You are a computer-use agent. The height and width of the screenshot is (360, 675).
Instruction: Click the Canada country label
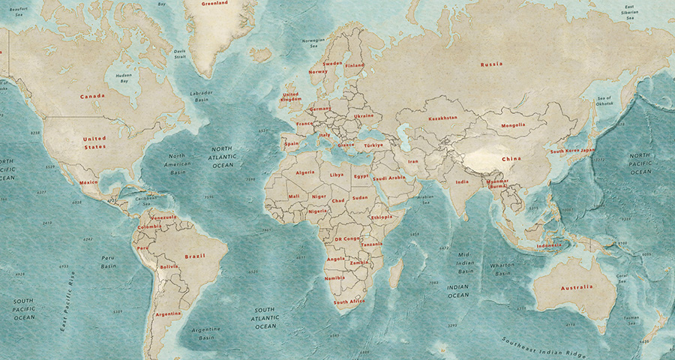[92, 96]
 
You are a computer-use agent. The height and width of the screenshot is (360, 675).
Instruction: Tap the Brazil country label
[194, 256]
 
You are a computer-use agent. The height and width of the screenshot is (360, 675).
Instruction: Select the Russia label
[491, 64]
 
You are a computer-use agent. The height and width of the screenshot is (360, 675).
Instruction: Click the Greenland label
[215, 3]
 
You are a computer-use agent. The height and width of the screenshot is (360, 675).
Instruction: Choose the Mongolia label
[513, 124]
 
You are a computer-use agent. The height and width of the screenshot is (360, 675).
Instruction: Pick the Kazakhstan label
[442, 118]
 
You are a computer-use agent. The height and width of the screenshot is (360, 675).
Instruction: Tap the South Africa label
[349, 301]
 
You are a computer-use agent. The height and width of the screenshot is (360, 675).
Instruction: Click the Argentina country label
[168, 313]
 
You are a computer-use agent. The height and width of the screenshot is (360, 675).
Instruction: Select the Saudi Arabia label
[389, 178]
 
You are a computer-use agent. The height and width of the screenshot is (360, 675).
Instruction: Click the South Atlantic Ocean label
[265, 318]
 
